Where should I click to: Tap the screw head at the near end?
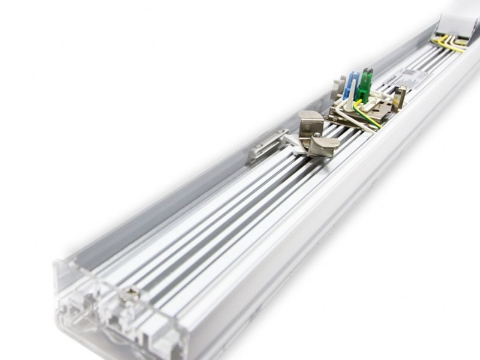130,293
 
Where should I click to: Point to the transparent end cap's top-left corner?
57,262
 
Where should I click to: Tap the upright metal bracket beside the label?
400,96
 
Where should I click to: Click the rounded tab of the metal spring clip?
324,148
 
